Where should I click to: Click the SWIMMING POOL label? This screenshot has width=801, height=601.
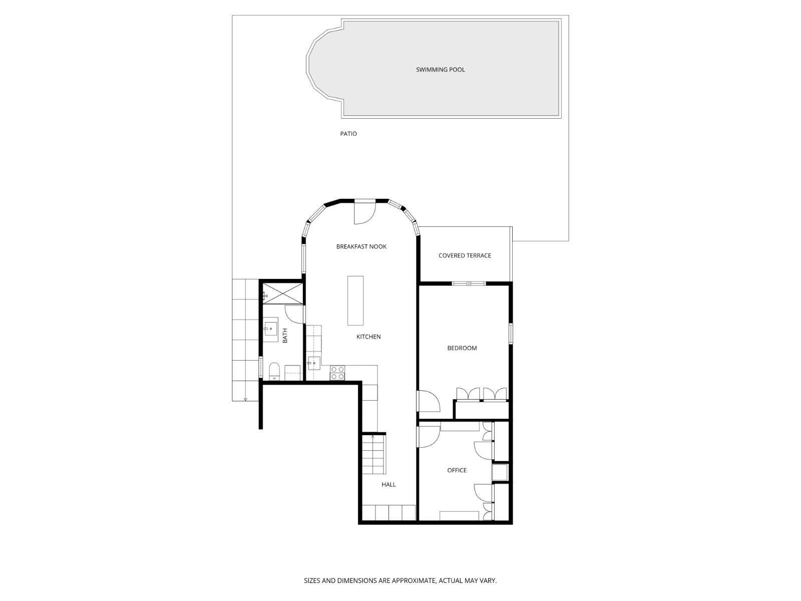click(440, 70)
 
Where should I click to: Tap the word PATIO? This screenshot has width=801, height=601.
click(348, 134)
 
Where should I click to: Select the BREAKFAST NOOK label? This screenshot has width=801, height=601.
click(361, 246)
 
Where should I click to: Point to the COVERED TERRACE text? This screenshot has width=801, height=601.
click(465, 255)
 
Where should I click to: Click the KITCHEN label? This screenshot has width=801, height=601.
click(368, 337)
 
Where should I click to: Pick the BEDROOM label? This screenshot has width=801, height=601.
click(462, 348)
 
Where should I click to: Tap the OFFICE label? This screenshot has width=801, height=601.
click(457, 470)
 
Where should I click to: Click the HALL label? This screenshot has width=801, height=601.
click(388, 484)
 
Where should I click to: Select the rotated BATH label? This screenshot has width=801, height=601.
click(285, 336)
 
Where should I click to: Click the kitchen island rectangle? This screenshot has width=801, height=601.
click(355, 300)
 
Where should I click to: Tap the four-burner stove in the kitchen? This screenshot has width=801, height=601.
click(337, 373)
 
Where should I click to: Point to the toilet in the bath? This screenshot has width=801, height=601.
click(274, 371)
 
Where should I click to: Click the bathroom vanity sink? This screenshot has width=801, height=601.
click(270, 329)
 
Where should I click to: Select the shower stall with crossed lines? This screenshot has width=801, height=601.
click(282, 293)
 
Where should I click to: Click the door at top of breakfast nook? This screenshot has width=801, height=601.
click(364, 212)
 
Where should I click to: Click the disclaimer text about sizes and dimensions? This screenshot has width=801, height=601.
click(400, 581)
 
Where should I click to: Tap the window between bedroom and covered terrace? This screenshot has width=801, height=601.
click(469, 283)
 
